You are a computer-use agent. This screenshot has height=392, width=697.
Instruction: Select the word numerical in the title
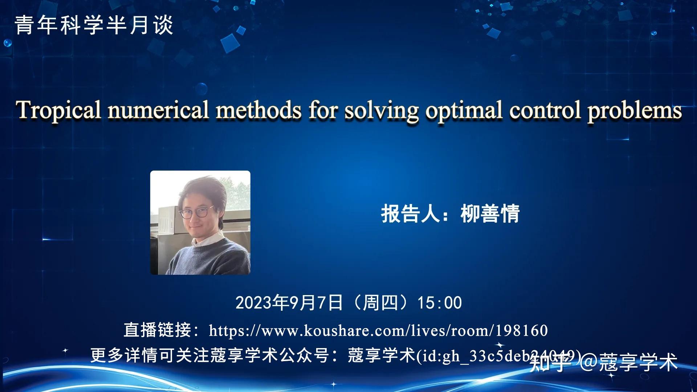158,110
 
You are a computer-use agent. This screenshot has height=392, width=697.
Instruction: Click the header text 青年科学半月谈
94,25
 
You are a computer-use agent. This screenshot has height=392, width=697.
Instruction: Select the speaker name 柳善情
490,214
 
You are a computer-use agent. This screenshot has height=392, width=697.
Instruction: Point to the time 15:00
440,303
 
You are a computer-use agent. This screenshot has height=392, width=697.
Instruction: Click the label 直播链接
157,330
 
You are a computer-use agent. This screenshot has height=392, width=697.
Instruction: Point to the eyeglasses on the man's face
196,212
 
